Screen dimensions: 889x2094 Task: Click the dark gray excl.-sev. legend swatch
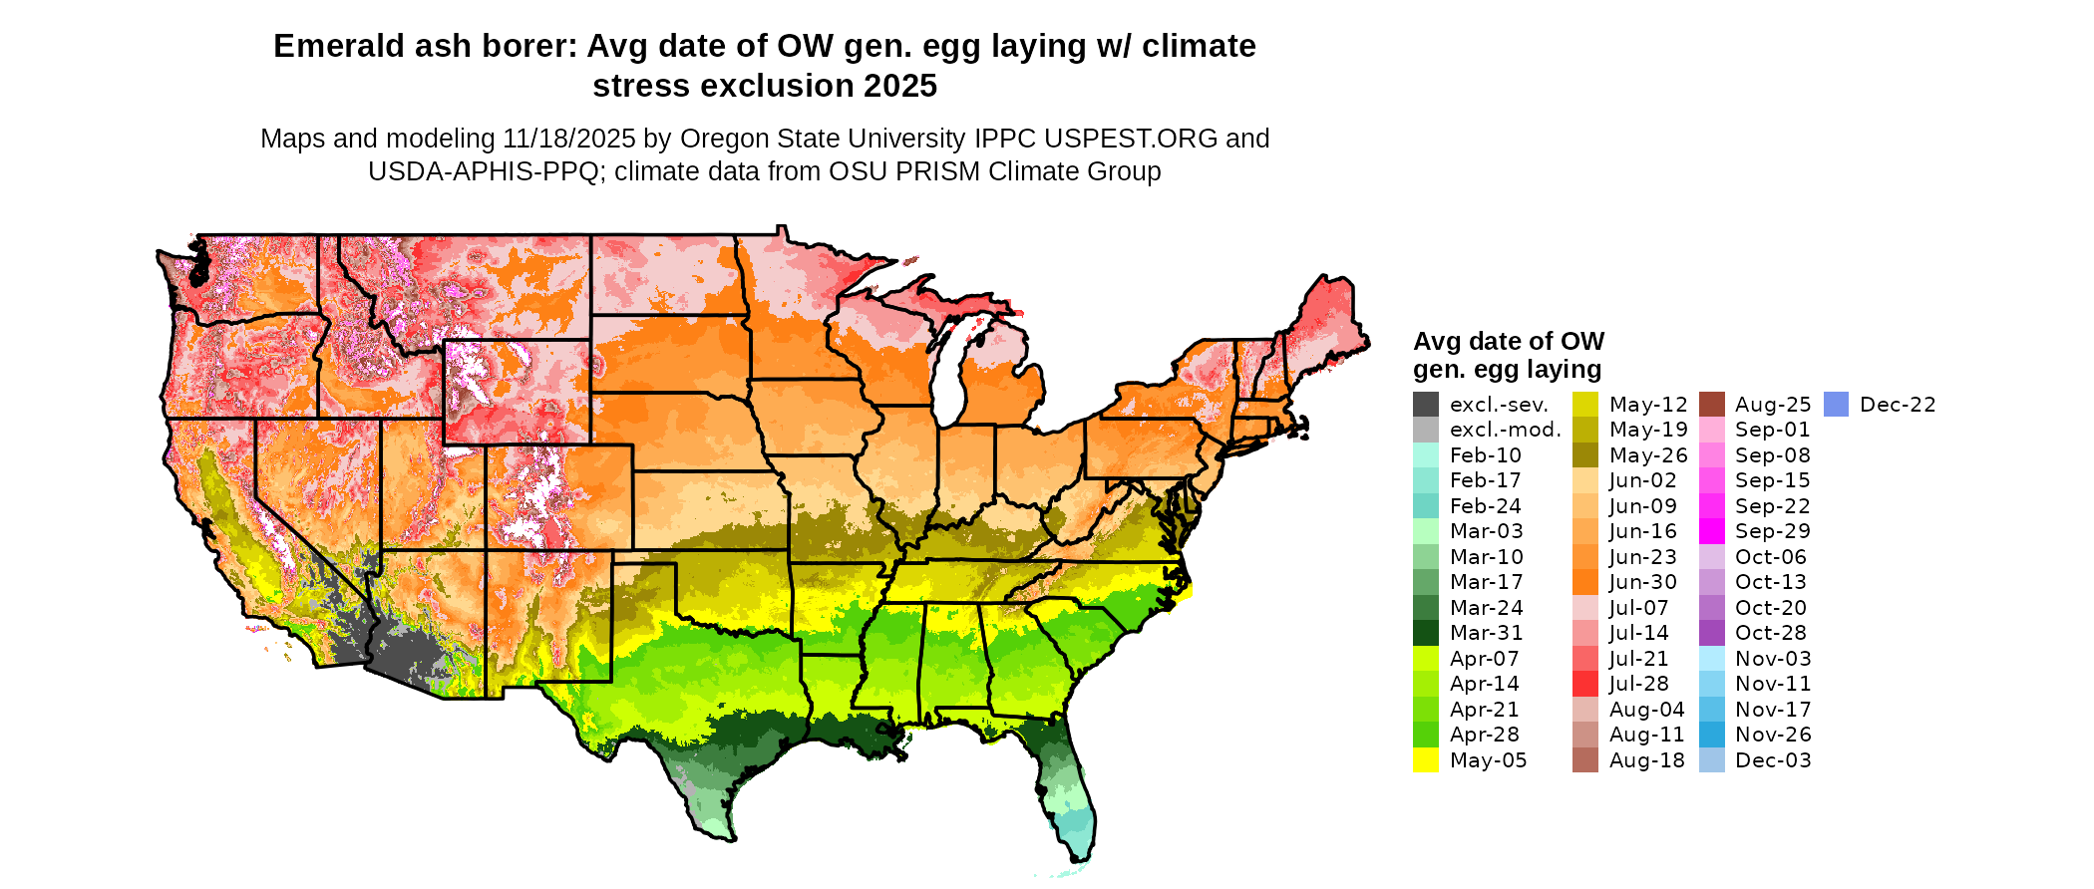coord(1426,405)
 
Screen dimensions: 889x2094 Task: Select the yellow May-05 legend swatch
coord(1426,760)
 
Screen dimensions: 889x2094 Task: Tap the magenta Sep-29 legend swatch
coord(1712,531)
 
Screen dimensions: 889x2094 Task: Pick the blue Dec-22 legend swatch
coord(1837,405)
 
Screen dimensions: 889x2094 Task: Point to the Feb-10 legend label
coord(1486,455)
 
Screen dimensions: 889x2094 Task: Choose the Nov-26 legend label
coord(1773,735)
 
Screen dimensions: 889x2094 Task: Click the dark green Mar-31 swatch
coord(1426,633)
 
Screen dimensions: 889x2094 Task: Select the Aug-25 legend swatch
coord(1712,405)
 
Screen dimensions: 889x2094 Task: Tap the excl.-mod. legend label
coord(1506,430)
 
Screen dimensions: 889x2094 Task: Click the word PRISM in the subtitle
coord(933,171)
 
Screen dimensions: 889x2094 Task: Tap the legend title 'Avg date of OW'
coord(1509,341)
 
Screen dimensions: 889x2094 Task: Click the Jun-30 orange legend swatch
coord(1585,582)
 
